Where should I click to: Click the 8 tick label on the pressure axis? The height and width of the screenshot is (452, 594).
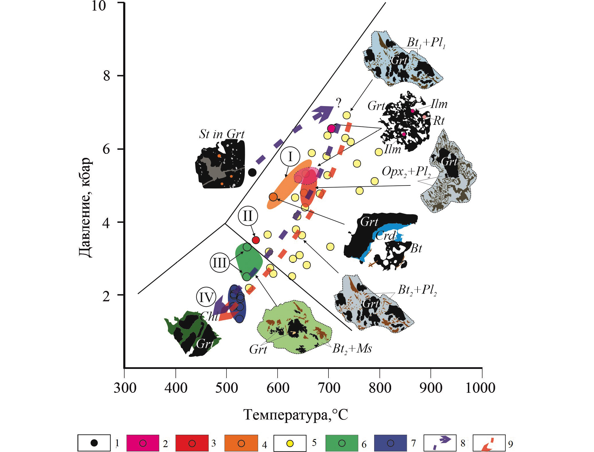107,76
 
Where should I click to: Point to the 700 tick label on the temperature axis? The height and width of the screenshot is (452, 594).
329,388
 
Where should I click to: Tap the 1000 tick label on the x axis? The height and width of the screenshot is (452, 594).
480,388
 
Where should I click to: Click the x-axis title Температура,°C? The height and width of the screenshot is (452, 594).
296,415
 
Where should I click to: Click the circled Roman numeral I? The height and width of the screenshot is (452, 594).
290,157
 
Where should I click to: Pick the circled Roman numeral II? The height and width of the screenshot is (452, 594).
248,216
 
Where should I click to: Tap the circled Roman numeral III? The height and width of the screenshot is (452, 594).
220,262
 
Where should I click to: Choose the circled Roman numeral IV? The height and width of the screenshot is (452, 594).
206,297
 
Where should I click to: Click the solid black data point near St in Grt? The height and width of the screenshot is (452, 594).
252,173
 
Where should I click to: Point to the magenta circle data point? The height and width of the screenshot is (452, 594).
331,129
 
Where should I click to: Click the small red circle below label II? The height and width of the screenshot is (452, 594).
256,240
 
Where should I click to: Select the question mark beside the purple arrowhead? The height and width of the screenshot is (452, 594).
339,103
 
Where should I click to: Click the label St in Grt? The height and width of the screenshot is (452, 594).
222,134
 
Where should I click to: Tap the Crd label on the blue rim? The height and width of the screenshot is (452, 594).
386,235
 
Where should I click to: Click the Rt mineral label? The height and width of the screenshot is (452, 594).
439,120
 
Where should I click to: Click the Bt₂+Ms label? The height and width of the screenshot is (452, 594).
352,349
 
